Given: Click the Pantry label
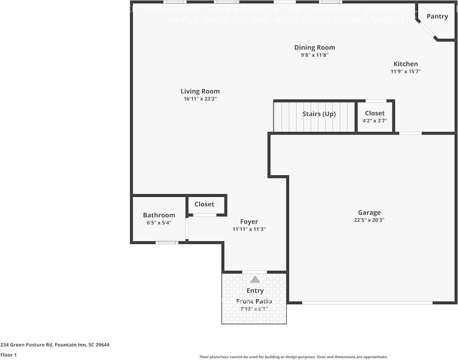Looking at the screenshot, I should [437, 16].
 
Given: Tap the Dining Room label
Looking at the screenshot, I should [314, 47].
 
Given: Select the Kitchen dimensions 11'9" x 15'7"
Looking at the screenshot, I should [405, 72].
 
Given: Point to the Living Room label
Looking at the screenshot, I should [200, 91].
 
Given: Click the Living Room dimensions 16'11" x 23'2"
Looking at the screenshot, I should [200, 99].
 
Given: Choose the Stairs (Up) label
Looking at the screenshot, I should [319, 114].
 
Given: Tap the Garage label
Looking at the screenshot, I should [369, 212].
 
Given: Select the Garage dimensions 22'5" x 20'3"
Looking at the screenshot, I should [369, 220].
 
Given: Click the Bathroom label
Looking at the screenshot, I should [159, 215].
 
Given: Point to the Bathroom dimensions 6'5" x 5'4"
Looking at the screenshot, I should [159, 223].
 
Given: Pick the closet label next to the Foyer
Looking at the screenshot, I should [204, 204].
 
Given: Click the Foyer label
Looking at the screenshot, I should [249, 222].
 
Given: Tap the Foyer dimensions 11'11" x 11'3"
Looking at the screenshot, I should [249, 229].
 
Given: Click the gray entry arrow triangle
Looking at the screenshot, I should [255, 279].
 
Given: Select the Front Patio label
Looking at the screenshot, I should [254, 301].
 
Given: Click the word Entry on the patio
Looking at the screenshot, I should [255, 290].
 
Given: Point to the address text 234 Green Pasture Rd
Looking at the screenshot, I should [55, 345].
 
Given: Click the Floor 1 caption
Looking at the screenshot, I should [8, 355].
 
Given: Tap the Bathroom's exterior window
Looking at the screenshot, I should [167, 243].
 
